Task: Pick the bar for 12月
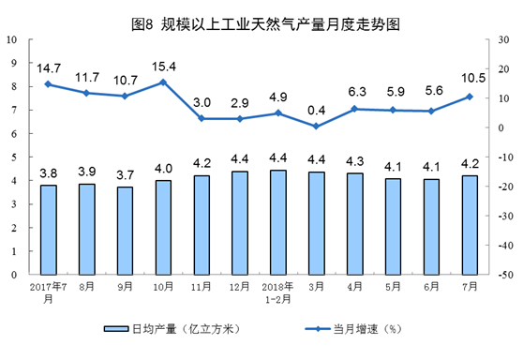pos(240,222)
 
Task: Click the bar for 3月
pos(317,223)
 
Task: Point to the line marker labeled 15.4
pos(163,82)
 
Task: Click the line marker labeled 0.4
pos(317,127)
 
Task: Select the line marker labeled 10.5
pos(470,97)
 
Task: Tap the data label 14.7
pos(48,68)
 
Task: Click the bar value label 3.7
pos(125,175)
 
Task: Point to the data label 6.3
pos(355,93)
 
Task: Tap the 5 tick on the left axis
pos(13,157)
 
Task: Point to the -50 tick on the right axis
pos(502,275)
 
